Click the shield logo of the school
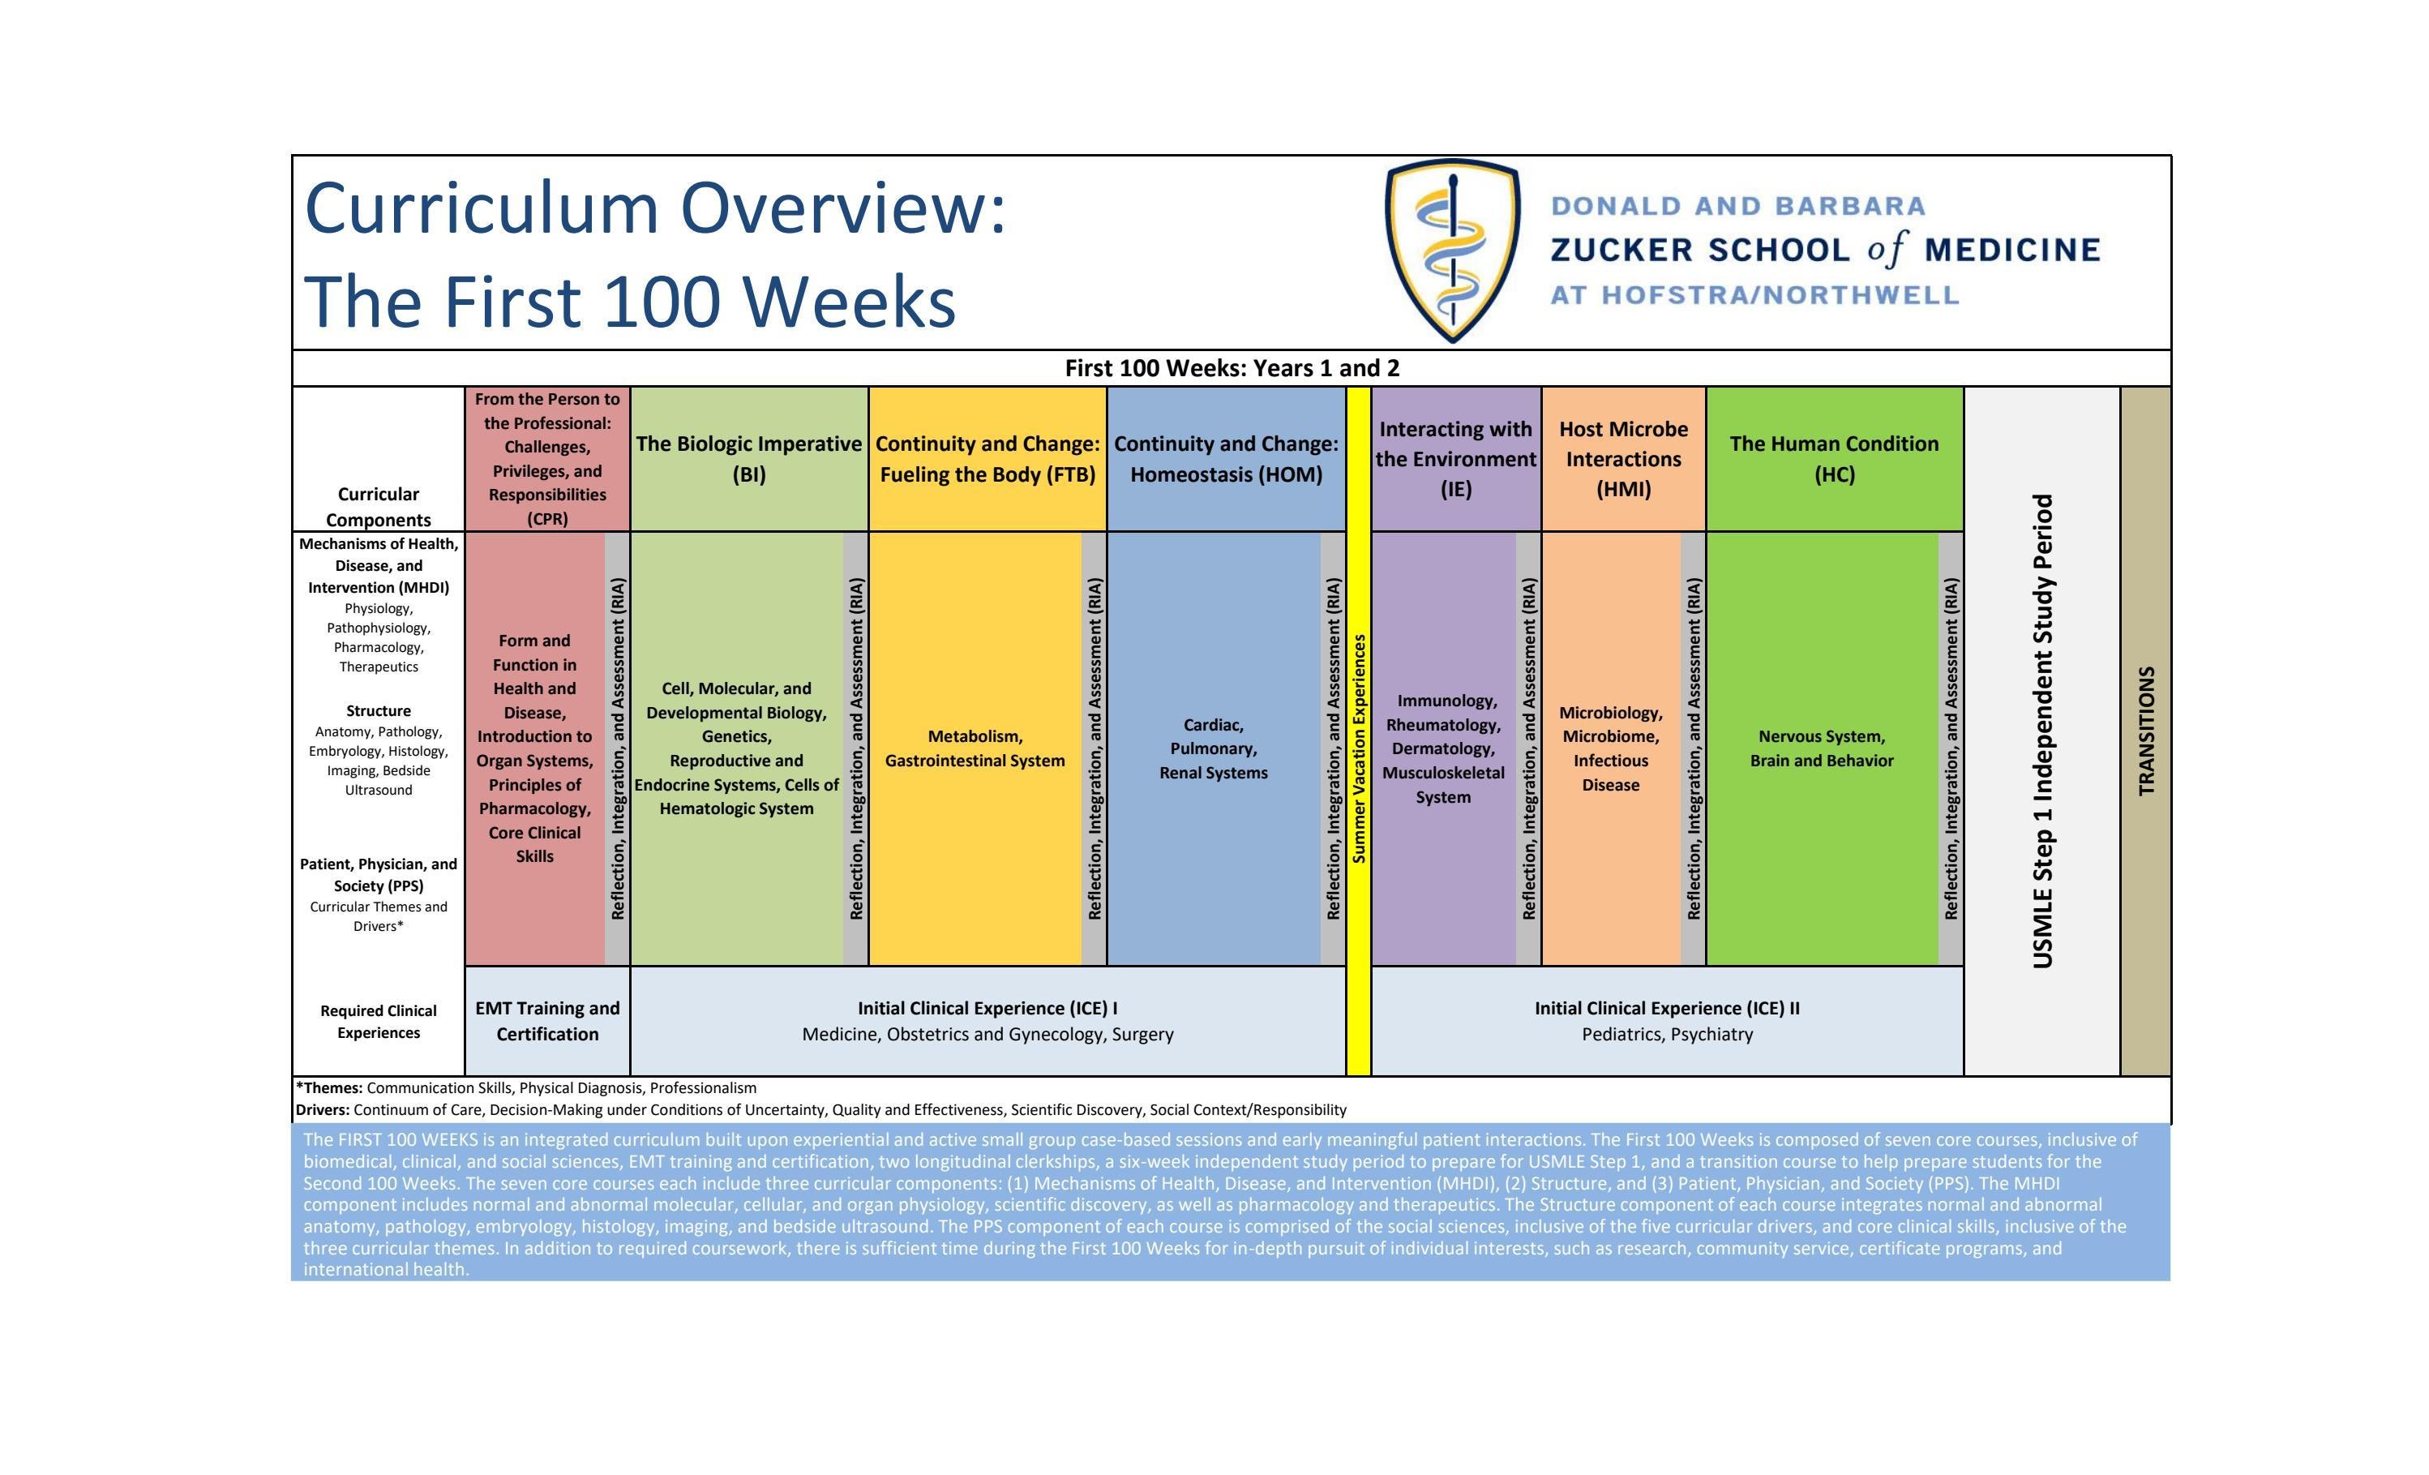tap(1452, 251)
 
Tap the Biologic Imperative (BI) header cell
tap(748, 458)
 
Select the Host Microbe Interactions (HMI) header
tap(1622, 458)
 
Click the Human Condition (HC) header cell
tap(1834, 458)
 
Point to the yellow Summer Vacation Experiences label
tap(1359, 749)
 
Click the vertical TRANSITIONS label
tap(2146, 731)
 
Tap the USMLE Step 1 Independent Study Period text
tap(2042, 731)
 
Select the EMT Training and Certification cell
tap(547, 1020)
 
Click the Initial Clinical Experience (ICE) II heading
tap(1666, 1008)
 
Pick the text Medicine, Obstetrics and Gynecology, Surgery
tap(987, 1034)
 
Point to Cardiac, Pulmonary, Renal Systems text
tap(1213, 748)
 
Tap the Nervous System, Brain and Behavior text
tap(1821, 748)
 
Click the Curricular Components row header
tap(378, 507)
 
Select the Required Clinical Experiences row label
tap(378, 1022)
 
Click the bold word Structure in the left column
tap(378, 710)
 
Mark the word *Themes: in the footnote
tap(329, 1087)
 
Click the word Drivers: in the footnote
tap(323, 1109)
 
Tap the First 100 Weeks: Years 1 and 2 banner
tap(1232, 368)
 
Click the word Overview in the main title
tap(843, 208)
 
